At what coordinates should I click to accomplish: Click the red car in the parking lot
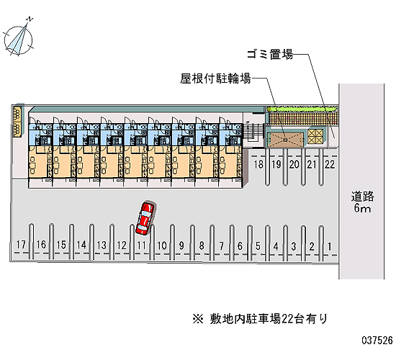click(x=145, y=218)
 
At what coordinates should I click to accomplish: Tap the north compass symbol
click(x=19, y=38)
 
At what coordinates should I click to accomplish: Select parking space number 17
click(x=21, y=245)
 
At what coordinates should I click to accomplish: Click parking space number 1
click(x=329, y=246)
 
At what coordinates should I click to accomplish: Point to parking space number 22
click(x=330, y=164)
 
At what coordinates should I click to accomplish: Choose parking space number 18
click(x=258, y=164)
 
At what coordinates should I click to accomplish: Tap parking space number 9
click(x=181, y=246)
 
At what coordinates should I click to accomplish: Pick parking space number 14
click(x=81, y=245)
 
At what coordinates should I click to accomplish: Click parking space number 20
click(x=294, y=164)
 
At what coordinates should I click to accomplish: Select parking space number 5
click(x=258, y=246)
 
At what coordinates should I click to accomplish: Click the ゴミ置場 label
click(x=270, y=54)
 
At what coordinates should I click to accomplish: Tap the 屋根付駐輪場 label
click(x=215, y=78)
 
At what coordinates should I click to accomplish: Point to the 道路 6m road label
click(x=362, y=202)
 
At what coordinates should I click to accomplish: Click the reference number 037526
click(x=377, y=341)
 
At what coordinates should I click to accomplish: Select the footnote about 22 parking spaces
click(x=260, y=319)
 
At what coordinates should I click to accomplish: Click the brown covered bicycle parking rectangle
click(x=285, y=139)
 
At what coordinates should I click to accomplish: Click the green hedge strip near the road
click(x=302, y=109)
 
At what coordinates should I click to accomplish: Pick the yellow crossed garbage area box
click(x=315, y=136)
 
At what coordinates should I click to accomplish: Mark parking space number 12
click(x=122, y=245)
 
